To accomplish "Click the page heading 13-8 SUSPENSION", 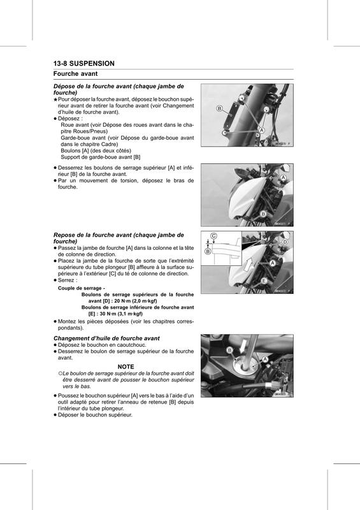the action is [x=84, y=63].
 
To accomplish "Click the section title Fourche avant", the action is [x=75, y=74].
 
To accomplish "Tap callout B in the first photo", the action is [x=220, y=108].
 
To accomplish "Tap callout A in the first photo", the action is [x=261, y=130].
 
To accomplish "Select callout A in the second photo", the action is [x=283, y=178].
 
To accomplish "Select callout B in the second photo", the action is [x=263, y=214].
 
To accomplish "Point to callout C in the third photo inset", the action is [x=213, y=236].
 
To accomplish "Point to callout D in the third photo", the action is [x=285, y=242].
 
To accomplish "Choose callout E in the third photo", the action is [x=264, y=280].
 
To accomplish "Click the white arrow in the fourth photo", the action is [x=242, y=347].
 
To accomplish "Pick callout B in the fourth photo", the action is [x=229, y=350].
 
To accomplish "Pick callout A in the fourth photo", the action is [x=265, y=359].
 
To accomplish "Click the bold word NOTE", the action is [x=126, y=367].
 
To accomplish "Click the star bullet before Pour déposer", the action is [x=55, y=99].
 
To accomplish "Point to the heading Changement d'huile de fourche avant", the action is [x=106, y=339].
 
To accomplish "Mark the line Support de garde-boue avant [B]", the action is [x=101, y=157].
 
